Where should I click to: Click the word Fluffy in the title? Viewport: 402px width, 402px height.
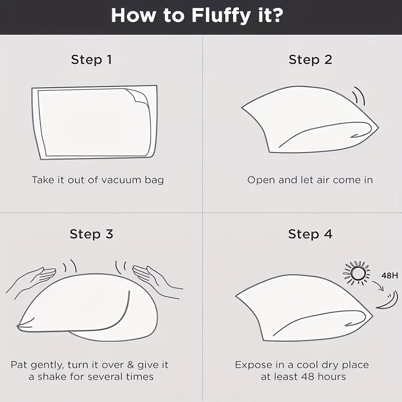tap(221, 16)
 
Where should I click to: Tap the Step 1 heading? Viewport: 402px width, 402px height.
tap(92, 59)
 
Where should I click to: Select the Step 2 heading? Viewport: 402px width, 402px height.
tap(310, 59)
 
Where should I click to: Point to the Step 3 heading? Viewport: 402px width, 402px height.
tap(92, 234)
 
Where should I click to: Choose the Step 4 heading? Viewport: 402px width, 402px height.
tap(310, 234)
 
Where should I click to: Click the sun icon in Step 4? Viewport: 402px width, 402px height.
tap(357, 273)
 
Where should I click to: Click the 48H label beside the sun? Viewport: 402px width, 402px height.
tap(390, 276)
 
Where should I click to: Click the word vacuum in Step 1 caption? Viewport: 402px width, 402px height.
tap(121, 180)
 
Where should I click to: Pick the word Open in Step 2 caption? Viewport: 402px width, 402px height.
tap(261, 180)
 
